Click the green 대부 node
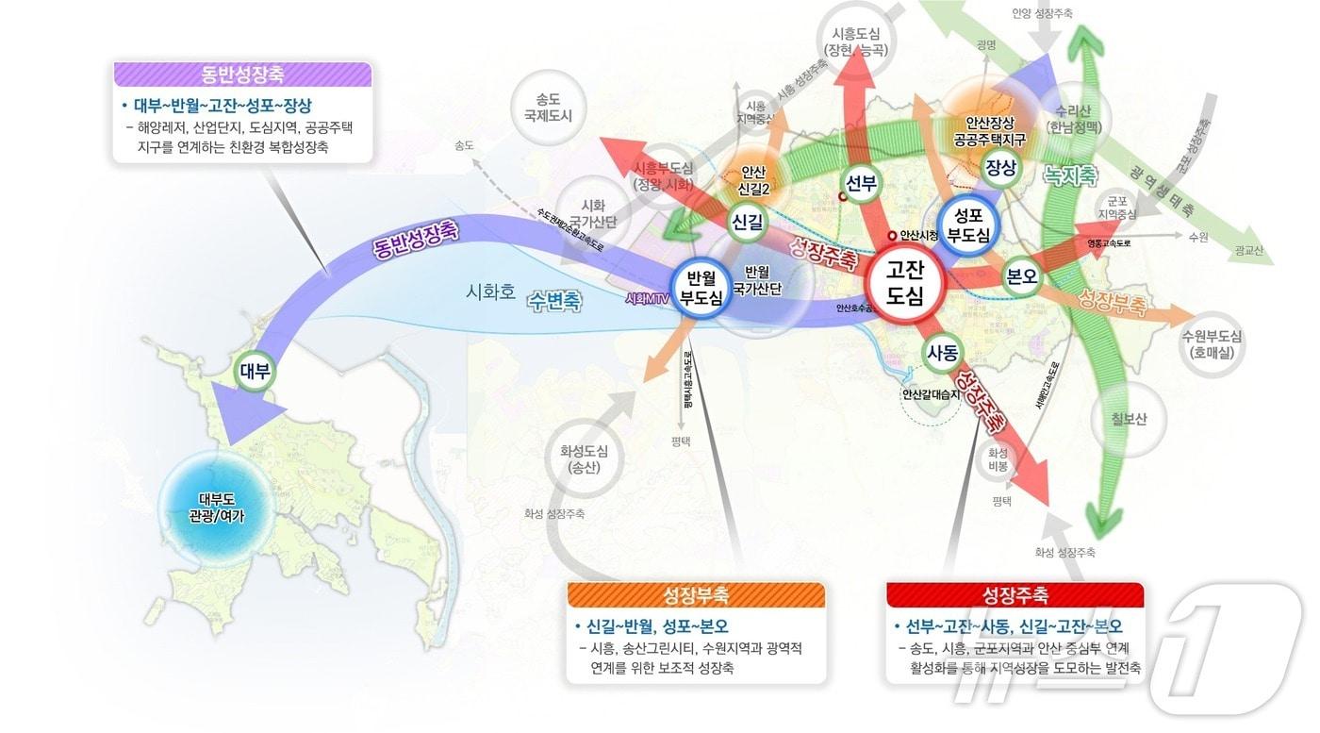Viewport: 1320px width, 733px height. pos(255,372)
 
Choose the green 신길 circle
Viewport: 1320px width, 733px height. pos(748,221)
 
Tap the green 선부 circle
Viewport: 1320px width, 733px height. pos(862,184)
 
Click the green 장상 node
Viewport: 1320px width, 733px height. pos(1000,168)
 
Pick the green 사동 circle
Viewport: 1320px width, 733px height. pos(943,354)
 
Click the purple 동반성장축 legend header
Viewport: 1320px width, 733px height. pos(242,75)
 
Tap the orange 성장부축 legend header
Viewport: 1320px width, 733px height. pos(696,595)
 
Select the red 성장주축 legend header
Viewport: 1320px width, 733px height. pos(1015,595)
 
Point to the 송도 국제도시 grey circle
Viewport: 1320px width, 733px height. pos(548,107)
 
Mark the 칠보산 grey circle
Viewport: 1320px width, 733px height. pos(1129,419)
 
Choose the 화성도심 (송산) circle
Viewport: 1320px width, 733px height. pos(584,458)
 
